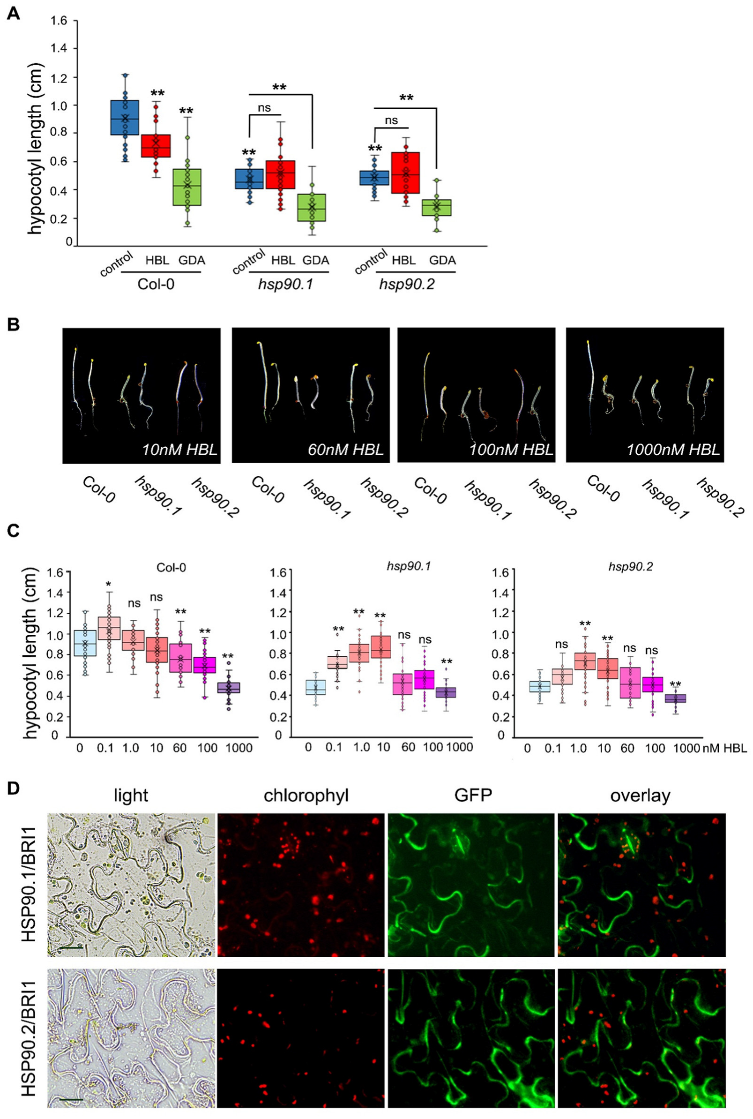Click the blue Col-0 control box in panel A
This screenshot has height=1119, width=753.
pos(124,118)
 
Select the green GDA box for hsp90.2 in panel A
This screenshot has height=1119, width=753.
pos(437,208)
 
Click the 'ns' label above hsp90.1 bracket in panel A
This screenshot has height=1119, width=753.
pos(265,108)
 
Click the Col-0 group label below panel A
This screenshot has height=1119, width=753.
pos(156,284)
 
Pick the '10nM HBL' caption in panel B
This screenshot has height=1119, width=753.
pos(179,450)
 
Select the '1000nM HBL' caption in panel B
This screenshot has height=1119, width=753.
pos(673,450)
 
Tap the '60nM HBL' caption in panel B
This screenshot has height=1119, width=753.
pos(346,450)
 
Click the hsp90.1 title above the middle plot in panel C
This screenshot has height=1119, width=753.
pos(409,566)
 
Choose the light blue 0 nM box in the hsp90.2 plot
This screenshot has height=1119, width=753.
pos(539,686)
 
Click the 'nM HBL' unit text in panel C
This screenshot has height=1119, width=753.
pos(725,748)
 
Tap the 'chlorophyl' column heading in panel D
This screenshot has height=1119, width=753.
pos(306,796)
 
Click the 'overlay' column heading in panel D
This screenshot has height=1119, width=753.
pos(640,796)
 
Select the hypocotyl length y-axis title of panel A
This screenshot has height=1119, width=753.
pos(35,149)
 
